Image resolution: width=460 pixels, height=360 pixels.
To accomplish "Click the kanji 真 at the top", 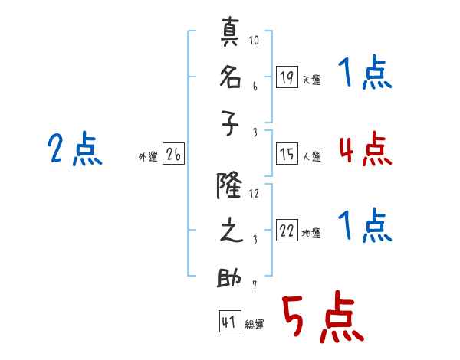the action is [230, 31].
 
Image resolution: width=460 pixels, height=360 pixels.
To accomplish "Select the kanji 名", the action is [231, 77].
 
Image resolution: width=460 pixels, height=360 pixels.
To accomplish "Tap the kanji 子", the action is [230, 123].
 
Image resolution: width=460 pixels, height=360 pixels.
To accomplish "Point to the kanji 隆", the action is [229, 185].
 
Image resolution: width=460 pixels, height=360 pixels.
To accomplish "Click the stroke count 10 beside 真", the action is [254, 40].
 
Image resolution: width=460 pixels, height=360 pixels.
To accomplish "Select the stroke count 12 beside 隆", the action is [254, 194].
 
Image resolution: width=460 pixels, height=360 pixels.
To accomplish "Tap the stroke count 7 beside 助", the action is [255, 285].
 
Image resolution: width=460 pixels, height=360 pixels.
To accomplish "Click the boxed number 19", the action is [287, 77].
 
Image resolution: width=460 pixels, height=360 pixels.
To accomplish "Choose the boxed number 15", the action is [287, 154].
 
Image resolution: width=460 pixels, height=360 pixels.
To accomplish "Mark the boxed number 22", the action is [287, 231].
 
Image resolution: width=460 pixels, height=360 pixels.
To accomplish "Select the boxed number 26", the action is [173, 154].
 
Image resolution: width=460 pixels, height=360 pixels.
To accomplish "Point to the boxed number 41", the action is [230, 322].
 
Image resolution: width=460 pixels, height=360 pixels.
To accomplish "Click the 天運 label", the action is [312, 80].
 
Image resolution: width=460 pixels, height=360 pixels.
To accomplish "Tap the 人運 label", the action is [312, 156].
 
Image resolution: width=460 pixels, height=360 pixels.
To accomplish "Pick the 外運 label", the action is [148, 156].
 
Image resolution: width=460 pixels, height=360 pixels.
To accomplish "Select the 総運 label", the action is [255, 324].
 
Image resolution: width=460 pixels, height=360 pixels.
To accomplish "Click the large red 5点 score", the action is [324, 316].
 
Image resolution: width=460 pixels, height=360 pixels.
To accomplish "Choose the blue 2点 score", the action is [75, 149].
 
